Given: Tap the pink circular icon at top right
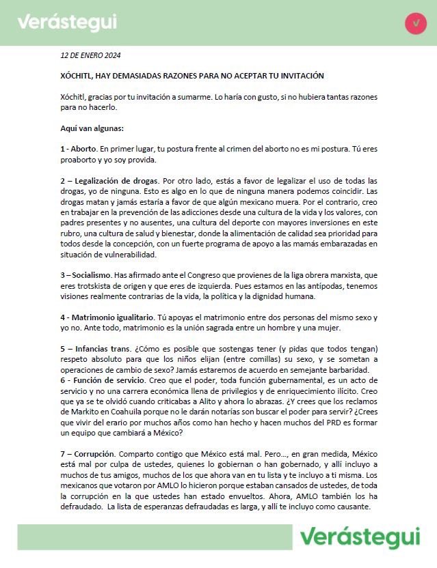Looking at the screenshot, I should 415,23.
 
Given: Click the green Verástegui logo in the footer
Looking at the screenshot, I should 360,537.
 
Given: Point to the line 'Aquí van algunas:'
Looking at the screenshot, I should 91,128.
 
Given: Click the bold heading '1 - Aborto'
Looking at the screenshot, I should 78,149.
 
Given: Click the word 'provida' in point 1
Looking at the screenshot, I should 143,160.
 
